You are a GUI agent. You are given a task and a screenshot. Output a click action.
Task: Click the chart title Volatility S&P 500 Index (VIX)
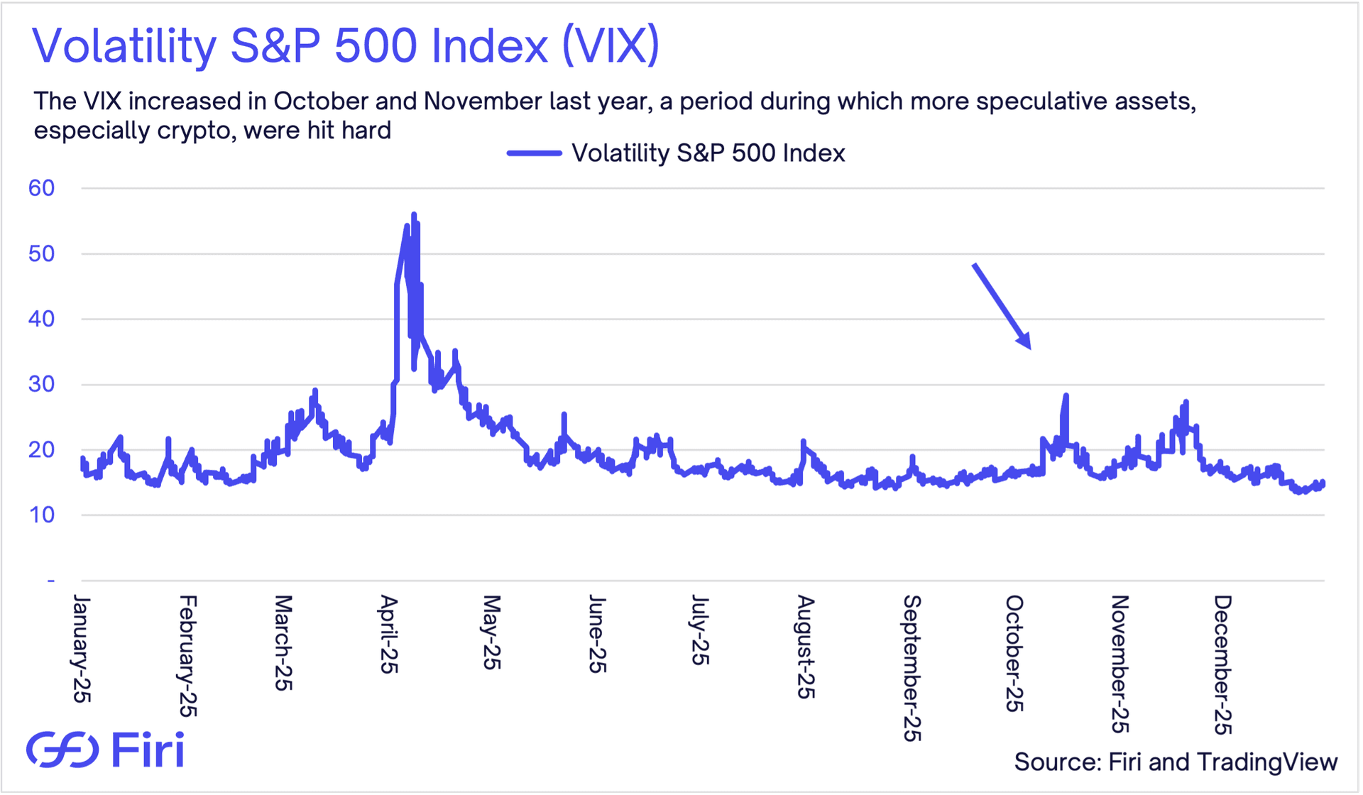click(346, 45)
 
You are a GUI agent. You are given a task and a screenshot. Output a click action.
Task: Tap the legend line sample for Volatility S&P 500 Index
click(534, 153)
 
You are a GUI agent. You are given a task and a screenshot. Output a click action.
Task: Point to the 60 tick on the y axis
click(42, 188)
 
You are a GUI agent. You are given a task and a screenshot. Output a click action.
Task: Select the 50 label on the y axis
click(42, 253)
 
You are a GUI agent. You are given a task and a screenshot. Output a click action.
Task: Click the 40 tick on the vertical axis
click(42, 319)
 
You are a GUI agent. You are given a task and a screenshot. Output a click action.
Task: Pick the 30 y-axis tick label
click(42, 384)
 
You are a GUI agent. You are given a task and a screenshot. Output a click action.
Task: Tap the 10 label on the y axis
click(42, 515)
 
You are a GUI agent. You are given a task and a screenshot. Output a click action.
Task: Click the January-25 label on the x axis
click(82, 649)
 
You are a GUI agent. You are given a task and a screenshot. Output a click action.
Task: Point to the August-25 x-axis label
click(805, 647)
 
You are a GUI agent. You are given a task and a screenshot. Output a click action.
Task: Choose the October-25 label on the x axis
click(1014, 653)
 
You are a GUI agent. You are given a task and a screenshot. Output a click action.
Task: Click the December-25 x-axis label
click(1222, 664)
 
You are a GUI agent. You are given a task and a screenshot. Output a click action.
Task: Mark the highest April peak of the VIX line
click(414, 214)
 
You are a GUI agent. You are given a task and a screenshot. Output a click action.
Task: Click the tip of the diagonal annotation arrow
click(1029, 348)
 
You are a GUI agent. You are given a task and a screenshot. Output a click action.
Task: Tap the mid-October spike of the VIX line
click(1066, 395)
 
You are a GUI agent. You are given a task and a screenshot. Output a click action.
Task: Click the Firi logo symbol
click(62, 750)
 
